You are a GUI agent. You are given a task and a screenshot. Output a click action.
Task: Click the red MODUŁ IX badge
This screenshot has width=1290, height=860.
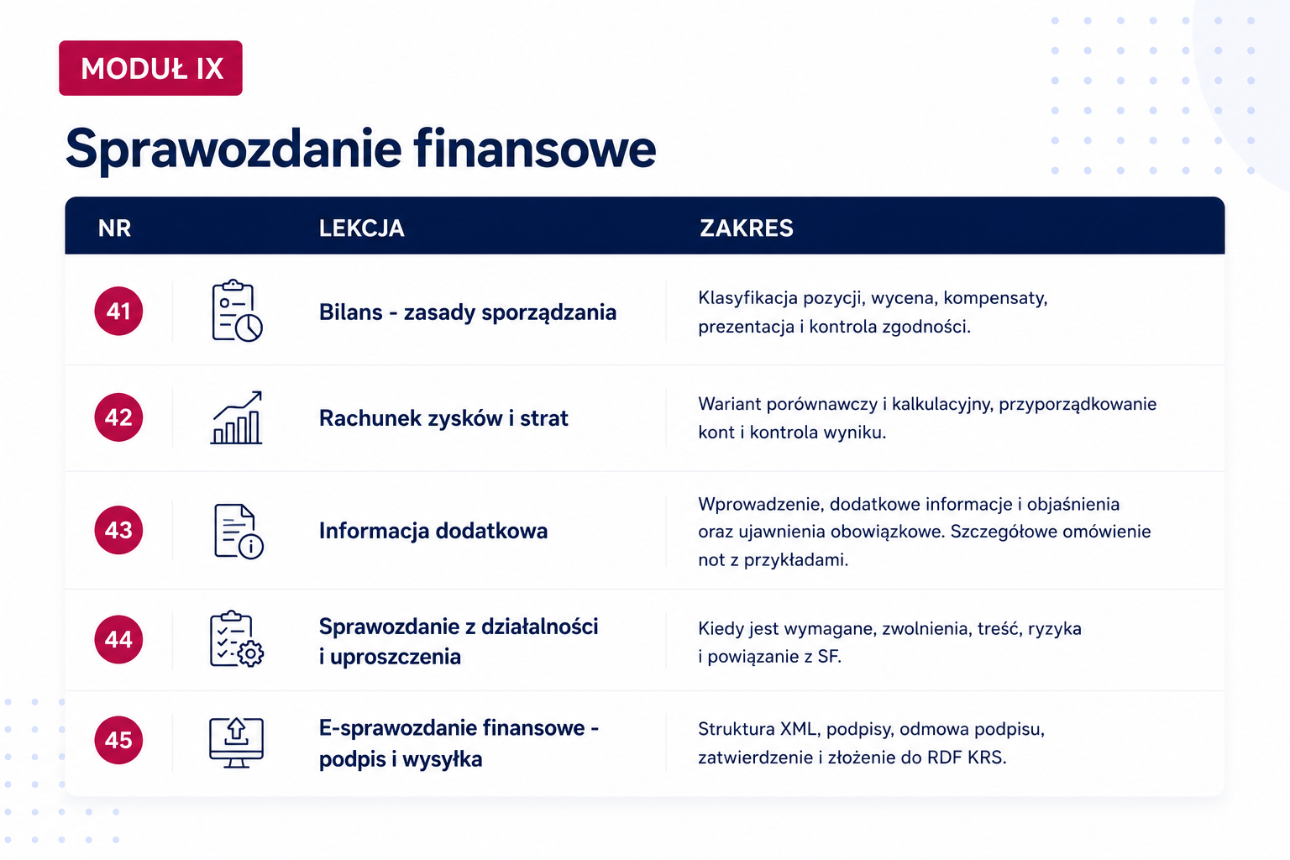pos(150,68)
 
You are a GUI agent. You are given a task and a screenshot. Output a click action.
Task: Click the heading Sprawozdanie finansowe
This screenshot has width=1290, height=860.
pos(360,149)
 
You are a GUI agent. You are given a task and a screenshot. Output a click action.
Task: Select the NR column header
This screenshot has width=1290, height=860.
pos(114,228)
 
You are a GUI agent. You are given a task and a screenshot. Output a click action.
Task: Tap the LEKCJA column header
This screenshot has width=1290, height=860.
pos(362,228)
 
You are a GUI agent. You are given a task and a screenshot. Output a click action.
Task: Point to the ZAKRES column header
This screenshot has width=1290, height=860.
pos(747,228)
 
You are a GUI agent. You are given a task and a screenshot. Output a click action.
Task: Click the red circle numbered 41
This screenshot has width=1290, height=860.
pos(118,311)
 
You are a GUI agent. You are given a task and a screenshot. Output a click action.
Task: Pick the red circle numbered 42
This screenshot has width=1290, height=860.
pos(118,417)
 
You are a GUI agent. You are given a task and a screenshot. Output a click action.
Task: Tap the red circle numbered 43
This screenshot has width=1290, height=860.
pos(118,530)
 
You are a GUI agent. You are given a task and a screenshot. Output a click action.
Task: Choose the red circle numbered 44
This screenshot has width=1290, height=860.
pos(118,639)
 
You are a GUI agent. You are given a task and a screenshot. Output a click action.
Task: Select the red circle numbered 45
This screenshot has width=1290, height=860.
pos(118,740)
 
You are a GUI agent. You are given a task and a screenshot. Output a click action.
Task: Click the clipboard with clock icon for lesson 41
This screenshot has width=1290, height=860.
pos(237,311)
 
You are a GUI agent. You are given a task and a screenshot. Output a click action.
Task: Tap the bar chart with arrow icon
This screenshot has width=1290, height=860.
pos(236,417)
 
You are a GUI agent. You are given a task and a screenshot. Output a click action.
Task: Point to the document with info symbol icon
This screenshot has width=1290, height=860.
pos(239,531)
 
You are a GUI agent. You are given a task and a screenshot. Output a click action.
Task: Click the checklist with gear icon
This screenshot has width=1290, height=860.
pos(237,639)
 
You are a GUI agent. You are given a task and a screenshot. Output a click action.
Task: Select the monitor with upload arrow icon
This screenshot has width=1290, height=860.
pos(236,742)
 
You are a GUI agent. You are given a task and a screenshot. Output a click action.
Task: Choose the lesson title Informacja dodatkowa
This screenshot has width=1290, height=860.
pos(433,531)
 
